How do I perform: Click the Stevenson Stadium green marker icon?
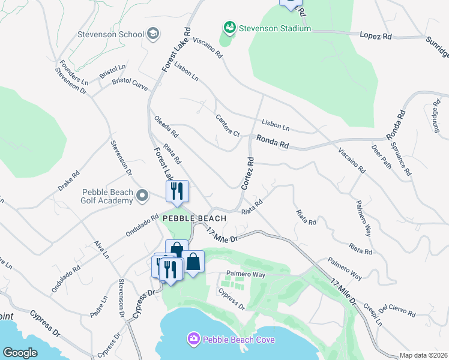pos(229,28)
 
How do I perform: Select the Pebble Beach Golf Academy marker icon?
pos(142,196)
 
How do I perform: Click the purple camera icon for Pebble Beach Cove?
pos(194,340)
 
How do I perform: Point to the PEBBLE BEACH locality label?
pos(194,219)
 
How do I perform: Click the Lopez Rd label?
pos(376,37)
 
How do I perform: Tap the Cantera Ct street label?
pos(228,125)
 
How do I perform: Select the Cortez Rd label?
pos(248,174)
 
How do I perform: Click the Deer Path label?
pos(381,157)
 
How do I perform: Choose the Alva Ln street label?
pos(101,250)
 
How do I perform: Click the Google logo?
pos(20,353)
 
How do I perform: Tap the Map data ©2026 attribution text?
pos(423,355)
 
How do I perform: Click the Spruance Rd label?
pos(401,158)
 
